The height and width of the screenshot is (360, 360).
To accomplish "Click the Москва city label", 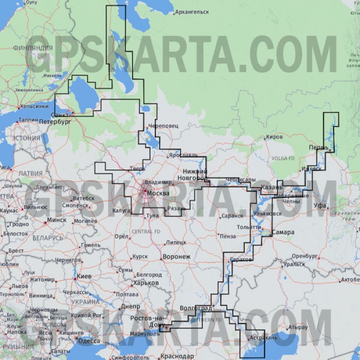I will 158,193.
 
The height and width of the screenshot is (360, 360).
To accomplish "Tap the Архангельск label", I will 192,12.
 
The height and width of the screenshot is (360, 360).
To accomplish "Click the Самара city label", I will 283,232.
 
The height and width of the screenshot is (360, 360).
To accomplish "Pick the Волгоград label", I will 195,308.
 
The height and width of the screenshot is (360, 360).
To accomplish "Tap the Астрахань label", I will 263,338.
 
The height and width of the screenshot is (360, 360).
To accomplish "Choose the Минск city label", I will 57,220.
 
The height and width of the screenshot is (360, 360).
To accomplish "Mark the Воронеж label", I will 176,257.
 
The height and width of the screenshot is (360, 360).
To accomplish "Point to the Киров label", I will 274,137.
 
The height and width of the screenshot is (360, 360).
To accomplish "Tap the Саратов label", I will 241,259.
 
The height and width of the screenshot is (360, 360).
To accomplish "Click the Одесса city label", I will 88,340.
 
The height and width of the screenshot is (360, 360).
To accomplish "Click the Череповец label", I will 163,125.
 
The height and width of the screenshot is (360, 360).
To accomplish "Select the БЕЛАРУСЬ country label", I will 48,238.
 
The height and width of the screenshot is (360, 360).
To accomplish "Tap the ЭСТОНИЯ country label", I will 26,138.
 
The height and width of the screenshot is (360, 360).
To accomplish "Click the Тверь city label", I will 138,168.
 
